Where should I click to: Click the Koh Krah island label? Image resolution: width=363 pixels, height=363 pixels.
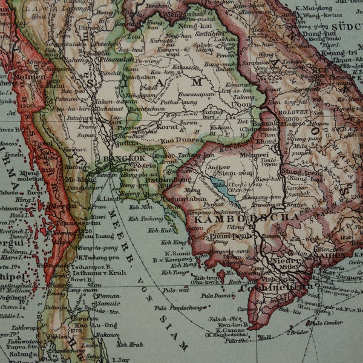coord(130,344)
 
